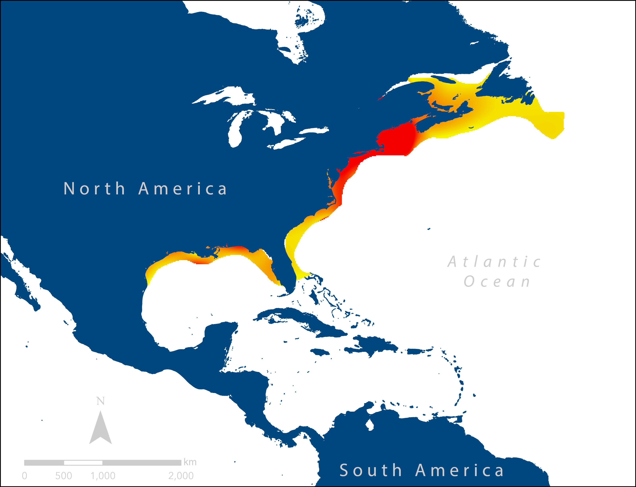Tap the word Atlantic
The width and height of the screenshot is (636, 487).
494,262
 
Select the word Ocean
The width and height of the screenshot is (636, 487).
497,281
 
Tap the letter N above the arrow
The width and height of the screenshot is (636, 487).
101,401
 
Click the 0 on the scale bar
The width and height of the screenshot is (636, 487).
24,476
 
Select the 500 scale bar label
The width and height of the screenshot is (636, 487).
64,476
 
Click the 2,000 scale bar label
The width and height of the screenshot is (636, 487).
181,476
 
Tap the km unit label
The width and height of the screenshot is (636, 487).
190,462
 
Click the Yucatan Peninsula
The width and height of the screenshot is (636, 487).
221,336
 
